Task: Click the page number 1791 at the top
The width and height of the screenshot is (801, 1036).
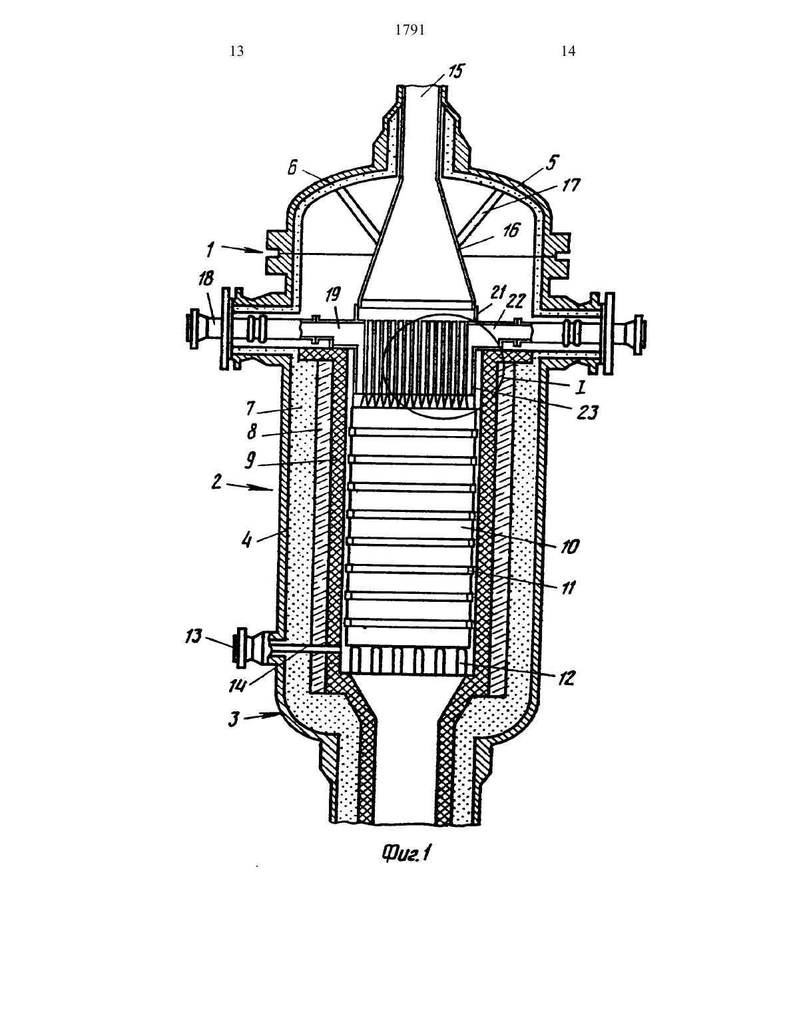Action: [x=410, y=30]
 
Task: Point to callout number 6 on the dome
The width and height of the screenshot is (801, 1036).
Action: [x=293, y=167]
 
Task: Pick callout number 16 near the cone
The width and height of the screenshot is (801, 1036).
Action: [x=511, y=231]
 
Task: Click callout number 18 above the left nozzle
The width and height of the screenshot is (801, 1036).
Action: [x=206, y=279]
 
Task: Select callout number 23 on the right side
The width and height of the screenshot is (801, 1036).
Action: [x=587, y=412]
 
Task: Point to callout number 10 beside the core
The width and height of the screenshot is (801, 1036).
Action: [x=569, y=547]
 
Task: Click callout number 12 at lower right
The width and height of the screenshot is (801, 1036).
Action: [x=566, y=678]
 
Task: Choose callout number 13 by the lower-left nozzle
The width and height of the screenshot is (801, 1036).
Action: [x=194, y=636]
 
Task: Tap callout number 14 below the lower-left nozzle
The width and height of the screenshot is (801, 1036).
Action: [x=237, y=685]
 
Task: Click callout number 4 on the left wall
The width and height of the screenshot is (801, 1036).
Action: [x=246, y=540]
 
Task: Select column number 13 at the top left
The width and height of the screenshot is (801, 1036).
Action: [x=237, y=51]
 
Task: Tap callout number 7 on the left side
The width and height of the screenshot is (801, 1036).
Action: [x=250, y=409]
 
